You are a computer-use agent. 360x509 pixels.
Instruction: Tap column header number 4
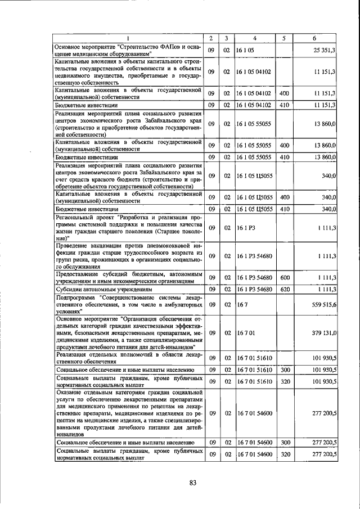pos(255,38)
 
